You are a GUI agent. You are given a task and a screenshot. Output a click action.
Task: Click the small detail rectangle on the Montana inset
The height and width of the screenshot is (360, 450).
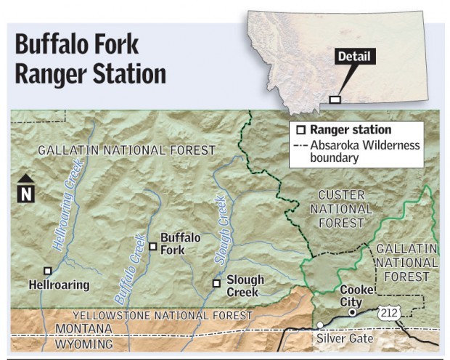point(335,99)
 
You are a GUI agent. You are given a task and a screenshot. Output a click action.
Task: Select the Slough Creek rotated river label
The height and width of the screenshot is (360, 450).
point(222,230)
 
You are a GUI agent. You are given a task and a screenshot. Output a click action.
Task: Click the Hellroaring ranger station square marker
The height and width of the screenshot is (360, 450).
point(48,271)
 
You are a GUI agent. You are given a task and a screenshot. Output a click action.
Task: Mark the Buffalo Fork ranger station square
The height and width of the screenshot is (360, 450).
point(152,247)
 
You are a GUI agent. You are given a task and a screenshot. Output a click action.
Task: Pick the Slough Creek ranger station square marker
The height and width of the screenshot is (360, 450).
point(216,283)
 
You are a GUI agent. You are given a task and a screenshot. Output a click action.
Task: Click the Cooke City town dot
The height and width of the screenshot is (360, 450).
point(352,312)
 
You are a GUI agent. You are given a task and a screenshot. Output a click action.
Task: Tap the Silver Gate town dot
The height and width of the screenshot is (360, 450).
point(319,325)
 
